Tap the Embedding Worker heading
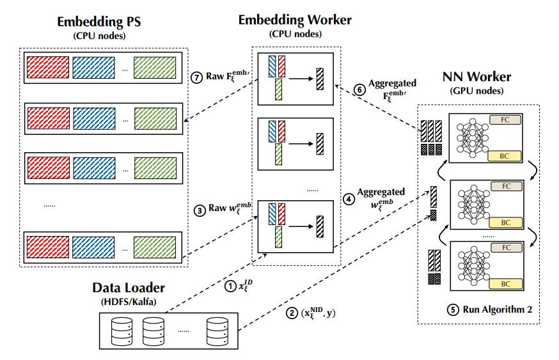coord(294,20)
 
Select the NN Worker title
coord(476,77)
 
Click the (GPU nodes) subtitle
coord(476,91)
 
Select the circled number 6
coord(361,90)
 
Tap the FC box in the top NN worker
coord(506,120)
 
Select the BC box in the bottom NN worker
coord(506,283)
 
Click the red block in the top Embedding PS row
coord(45,67)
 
